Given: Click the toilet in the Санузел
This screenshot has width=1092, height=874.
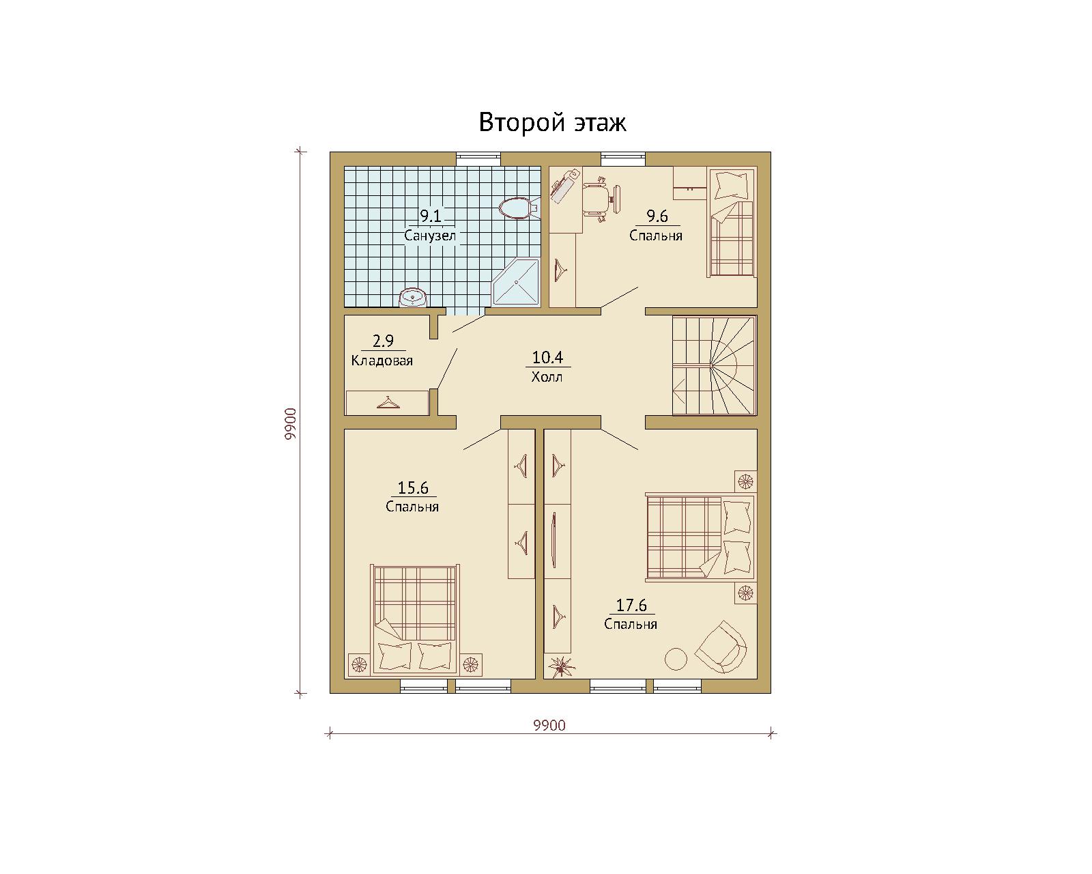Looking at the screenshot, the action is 519,208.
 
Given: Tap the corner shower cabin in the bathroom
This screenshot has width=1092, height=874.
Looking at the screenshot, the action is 516,282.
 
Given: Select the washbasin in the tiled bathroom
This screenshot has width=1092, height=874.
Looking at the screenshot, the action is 412,298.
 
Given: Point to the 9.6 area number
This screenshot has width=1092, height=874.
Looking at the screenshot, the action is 657,216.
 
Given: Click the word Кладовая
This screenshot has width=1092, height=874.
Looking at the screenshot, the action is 382,361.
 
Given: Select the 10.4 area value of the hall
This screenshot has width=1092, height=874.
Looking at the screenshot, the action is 547,358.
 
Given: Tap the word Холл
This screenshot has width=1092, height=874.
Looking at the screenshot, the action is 547,377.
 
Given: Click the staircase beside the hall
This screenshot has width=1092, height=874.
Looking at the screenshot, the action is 715,366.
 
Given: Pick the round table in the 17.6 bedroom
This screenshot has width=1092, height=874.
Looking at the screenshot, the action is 676,659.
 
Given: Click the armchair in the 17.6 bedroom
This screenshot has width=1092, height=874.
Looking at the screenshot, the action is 721,647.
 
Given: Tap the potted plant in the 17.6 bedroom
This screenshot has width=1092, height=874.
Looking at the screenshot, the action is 560,666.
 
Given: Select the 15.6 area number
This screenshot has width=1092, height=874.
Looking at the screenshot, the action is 413,488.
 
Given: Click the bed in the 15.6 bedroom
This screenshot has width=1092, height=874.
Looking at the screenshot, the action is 415,619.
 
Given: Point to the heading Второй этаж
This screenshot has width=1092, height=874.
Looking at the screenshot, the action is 553,122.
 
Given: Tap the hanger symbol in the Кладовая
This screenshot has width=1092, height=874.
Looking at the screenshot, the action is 388,402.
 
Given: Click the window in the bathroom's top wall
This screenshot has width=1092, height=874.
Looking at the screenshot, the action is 478,159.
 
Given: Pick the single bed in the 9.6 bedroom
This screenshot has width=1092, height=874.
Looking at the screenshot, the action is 731,223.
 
